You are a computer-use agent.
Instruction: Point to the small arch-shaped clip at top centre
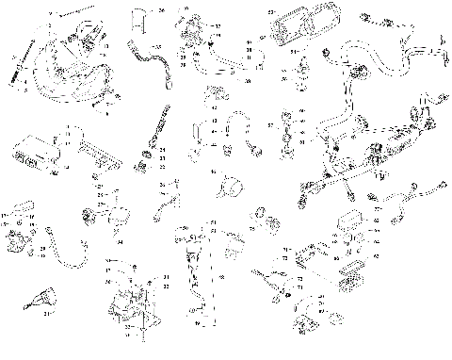(x=139, y=14)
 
